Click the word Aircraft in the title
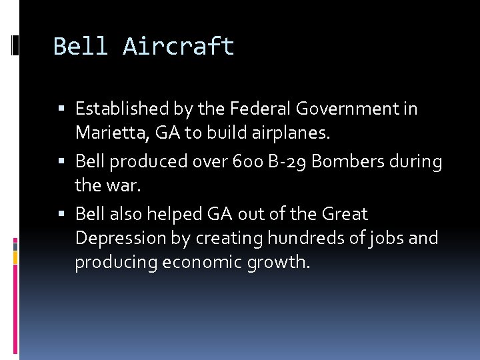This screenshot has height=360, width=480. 179,47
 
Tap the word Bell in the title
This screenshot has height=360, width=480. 81,47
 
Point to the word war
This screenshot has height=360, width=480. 127,186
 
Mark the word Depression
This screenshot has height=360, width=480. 113,239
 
